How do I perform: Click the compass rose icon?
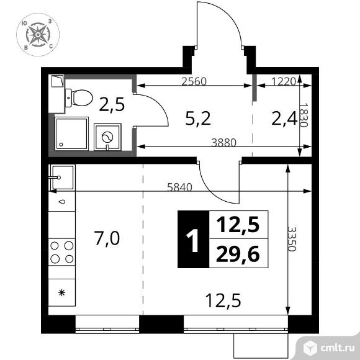pyautogui.click(x=38, y=35)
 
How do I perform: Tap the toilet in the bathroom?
pyautogui.click(x=79, y=98)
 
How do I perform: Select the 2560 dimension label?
pyautogui.click(x=194, y=81)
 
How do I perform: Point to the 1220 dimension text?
pyautogui.click(x=283, y=81)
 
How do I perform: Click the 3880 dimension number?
pyautogui.click(x=223, y=143)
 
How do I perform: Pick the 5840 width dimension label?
pyautogui.click(x=179, y=187)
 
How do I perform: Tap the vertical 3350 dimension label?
pyautogui.click(x=292, y=239)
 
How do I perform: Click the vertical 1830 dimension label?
pyautogui.click(x=303, y=115)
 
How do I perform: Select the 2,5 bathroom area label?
pyautogui.click(x=112, y=104)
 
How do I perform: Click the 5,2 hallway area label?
pyautogui.click(x=198, y=119)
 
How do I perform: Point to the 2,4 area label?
pyautogui.click(x=284, y=119)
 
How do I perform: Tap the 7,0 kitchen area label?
pyautogui.click(x=107, y=238)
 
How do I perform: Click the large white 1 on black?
pyautogui.click(x=193, y=239)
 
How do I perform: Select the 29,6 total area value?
pyautogui.click(x=238, y=254)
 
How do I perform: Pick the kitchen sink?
pyautogui.click(x=62, y=178)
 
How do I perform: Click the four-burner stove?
pyautogui.click(x=62, y=252)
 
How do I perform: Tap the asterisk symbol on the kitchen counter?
pyautogui.click(x=61, y=292)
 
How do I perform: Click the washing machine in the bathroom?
pyautogui.click(x=107, y=137)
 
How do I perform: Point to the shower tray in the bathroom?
pyautogui.click(x=71, y=133)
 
